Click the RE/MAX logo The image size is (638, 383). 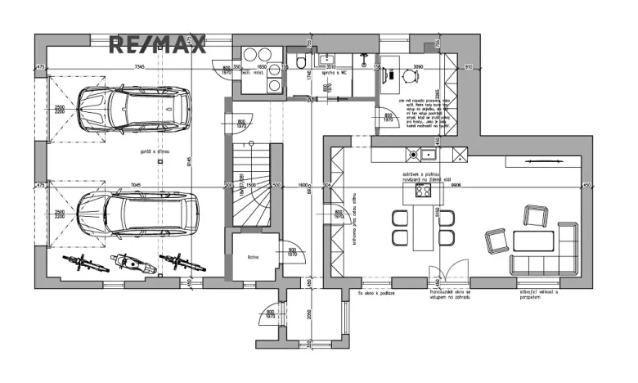158,44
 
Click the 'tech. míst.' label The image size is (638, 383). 263,72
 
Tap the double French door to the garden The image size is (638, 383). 452,272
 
